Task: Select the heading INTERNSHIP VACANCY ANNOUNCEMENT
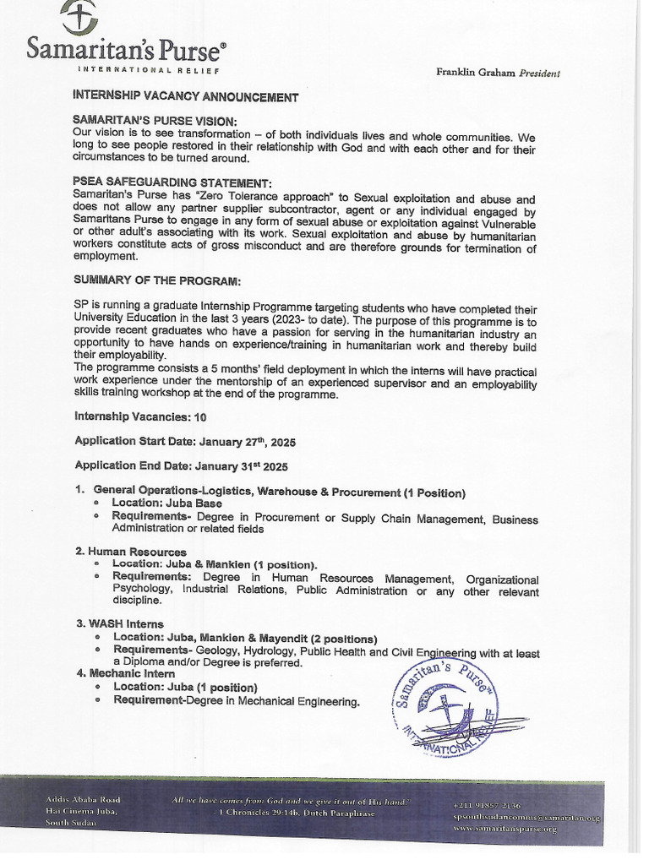186,96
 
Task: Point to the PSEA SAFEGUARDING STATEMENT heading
172,183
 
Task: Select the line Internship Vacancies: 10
140,416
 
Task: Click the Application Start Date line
185,441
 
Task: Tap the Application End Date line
182,465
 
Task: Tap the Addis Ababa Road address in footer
82,799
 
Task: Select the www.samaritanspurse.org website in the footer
504,830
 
